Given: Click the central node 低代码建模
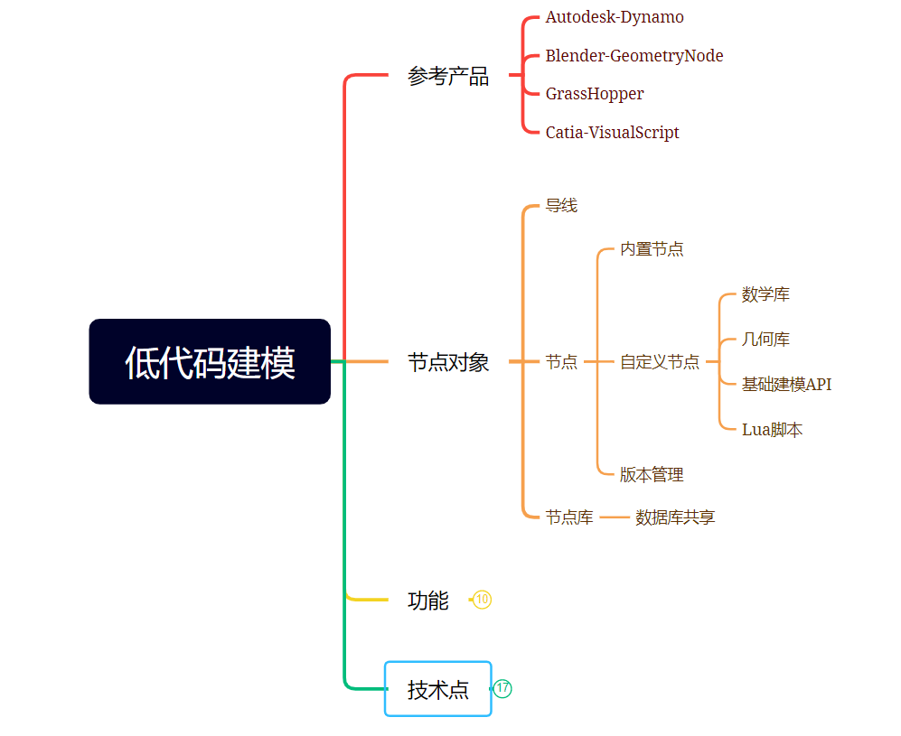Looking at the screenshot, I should (x=210, y=362).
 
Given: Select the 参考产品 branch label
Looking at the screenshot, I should (x=448, y=77).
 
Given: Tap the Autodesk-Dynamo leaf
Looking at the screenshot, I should (x=615, y=17).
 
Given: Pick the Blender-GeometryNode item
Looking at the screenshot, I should (x=634, y=56).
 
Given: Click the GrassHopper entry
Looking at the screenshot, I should (x=595, y=94).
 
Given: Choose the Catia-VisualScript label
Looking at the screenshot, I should (x=612, y=133).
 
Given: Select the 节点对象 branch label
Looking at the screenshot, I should (x=448, y=362).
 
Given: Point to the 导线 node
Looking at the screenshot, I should (x=561, y=206).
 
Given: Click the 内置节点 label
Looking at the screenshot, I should (x=652, y=249).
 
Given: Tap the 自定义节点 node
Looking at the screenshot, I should (x=660, y=362).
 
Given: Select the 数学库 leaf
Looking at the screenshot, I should (x=765, y=294).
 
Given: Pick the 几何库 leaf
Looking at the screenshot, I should (x=765, y=340).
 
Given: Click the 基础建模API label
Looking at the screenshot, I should (x=786, y=385).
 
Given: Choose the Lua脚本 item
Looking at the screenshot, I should (x=772, y=430).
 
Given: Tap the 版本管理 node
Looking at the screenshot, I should (x=652, y=475).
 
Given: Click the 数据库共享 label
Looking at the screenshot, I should (x=675, y=517).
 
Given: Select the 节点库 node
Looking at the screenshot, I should (x=569, y=517).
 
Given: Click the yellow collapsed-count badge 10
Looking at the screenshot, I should (x=483, y=600).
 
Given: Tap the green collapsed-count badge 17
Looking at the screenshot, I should (x=502, y=689).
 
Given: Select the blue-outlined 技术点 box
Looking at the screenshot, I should (x=438, y=689).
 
